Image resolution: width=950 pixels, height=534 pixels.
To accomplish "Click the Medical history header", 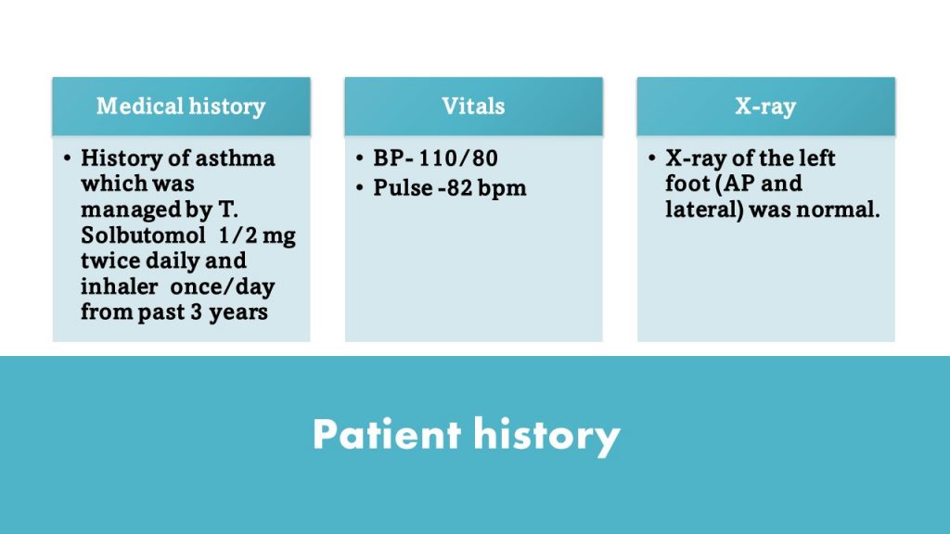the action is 181,107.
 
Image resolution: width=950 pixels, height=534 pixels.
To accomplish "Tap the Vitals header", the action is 473,107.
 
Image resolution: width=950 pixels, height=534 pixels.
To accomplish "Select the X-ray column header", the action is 765,107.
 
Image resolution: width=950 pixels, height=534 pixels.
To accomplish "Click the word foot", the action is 687,184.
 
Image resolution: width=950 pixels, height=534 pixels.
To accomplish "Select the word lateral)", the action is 704,210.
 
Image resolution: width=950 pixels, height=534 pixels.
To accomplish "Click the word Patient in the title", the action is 387,434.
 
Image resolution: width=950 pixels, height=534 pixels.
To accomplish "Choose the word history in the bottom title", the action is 547,436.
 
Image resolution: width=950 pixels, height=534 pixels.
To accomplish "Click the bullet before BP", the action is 360,159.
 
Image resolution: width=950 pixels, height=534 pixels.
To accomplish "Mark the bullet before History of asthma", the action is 67,159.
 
